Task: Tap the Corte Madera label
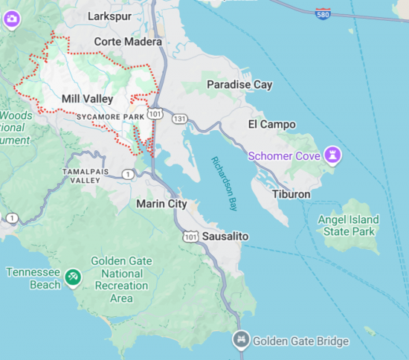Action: point(123,42)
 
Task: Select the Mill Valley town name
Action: point(87,99)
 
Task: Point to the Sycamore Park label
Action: point(109,118)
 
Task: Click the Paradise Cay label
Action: point(239,85)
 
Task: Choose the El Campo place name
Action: point(271,124)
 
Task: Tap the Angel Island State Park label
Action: point(348,225)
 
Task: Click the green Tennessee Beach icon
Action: point(72,277)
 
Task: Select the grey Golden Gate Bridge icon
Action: point(241,341)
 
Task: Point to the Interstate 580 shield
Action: point(322,13)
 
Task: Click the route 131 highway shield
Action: point(178,118)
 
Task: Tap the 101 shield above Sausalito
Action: point(190,237)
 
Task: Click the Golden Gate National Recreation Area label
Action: point(120,280)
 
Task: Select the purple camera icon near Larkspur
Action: point(11,19)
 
